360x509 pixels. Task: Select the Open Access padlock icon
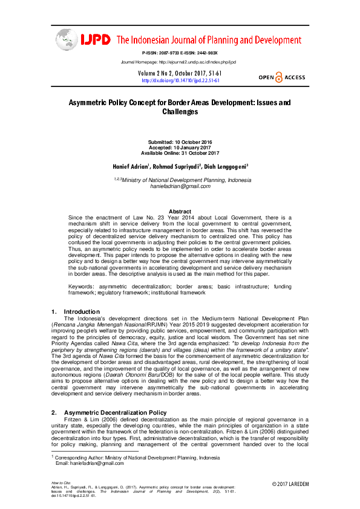point(278,77)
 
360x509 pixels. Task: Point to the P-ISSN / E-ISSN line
point(179,54)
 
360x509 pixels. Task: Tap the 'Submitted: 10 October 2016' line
point(180,141)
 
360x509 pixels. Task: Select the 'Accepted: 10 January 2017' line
point(180,148)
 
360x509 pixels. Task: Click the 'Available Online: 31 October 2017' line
point(180,153)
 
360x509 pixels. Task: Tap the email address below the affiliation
point(180,186)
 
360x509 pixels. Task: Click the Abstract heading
point(180,212)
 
